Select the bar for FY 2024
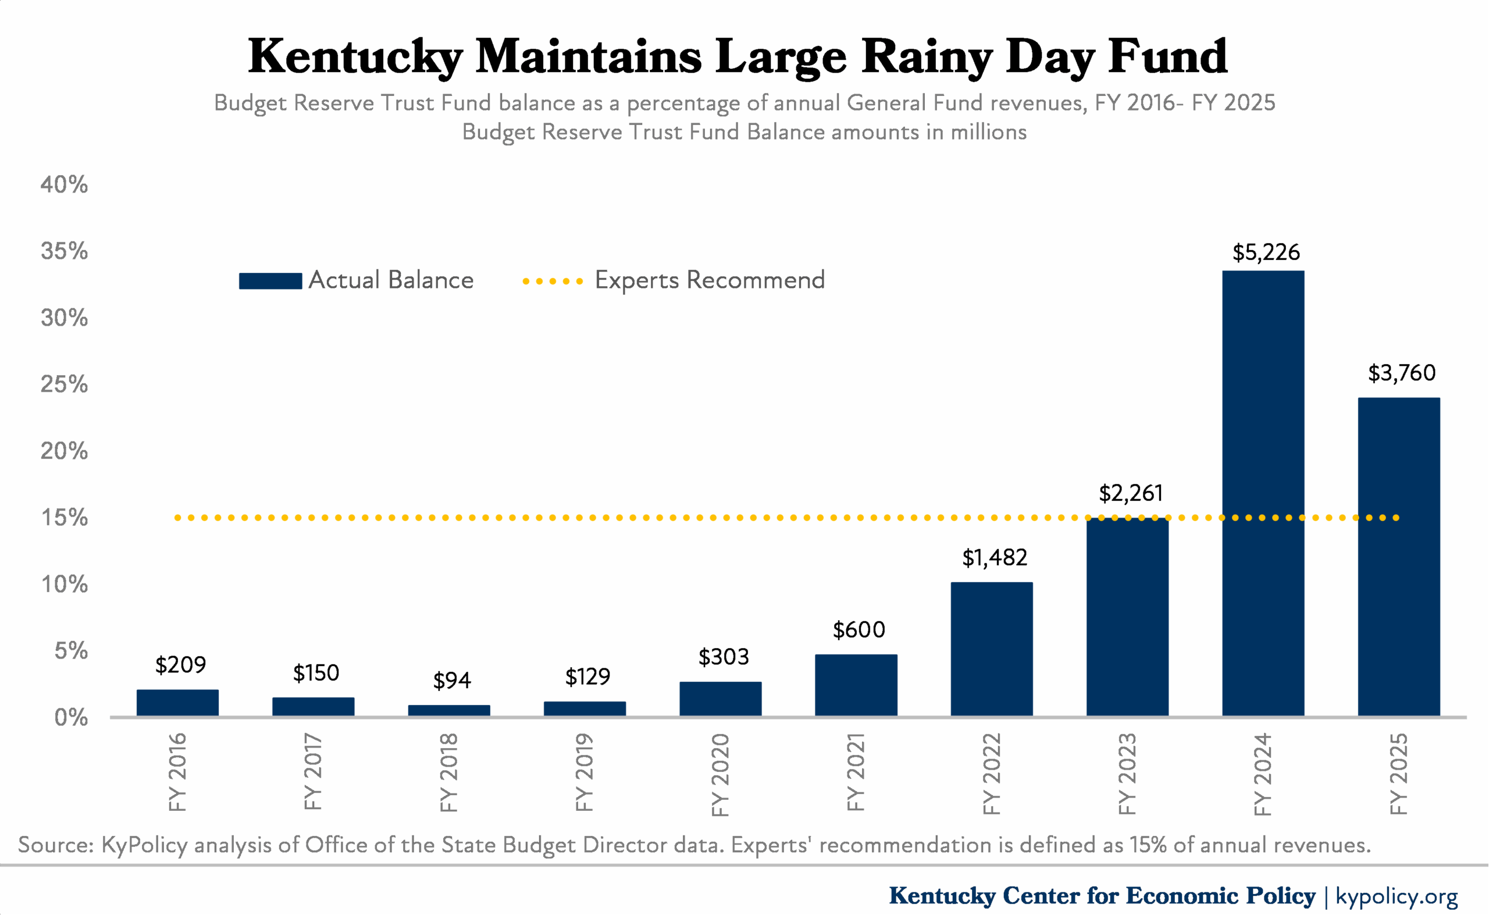click(x=1263, y=493)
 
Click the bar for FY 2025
click(x=1399, y=557)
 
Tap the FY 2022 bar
click(x=992, y=649)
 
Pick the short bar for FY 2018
click(x=449, y=710)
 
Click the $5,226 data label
click(x=1266, y=252)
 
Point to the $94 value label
click(x=452, y=681)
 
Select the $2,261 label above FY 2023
click(x=1131, y=493)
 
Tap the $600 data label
click(x=859, y=630)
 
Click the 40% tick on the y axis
click(x=64, y=184)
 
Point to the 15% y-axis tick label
click(x=64, y=518)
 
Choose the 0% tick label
click(x=71, y=718)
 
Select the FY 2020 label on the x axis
click(x=720, y=775)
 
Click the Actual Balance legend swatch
click(x=270, y=281)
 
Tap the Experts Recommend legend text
click(x=710, y=280)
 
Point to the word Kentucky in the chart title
click(x=356, y=57)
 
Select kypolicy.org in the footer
click(x=1397, y=896)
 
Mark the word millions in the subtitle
click(x=989, y=132)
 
